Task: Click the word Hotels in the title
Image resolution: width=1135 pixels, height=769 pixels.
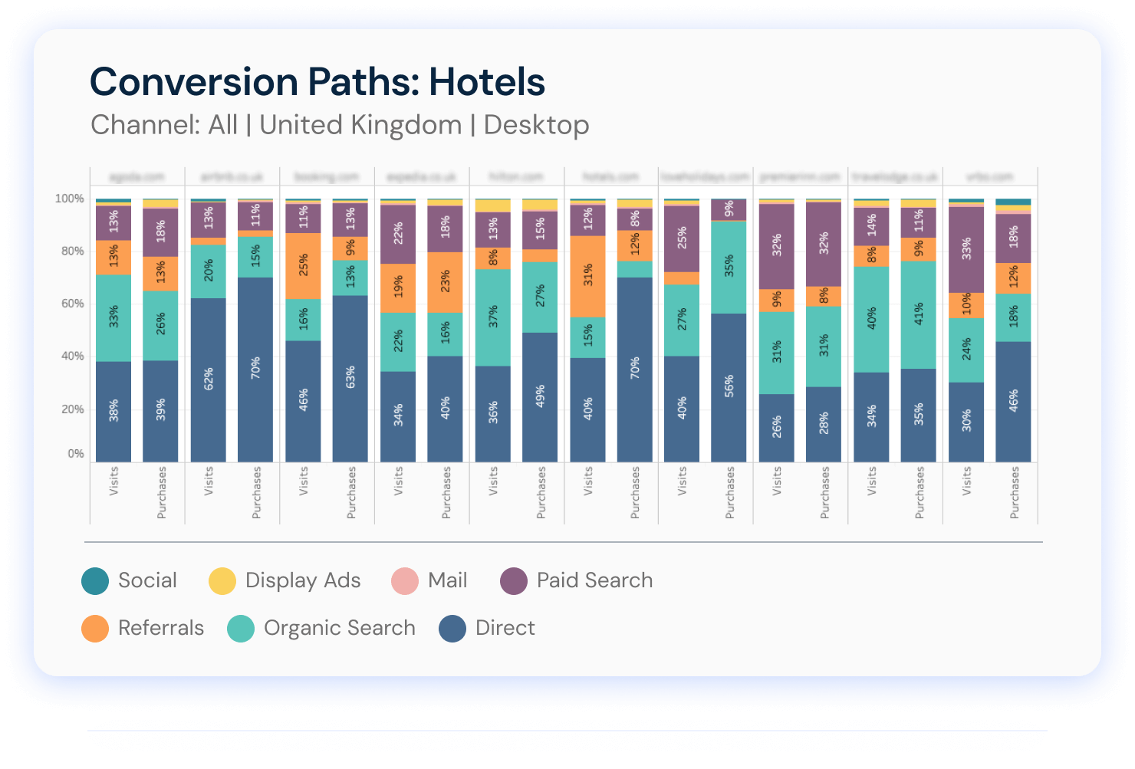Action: pyautogui.click(x=486, y=82)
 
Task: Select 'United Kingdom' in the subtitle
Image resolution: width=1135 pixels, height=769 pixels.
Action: pyautogui.click(x=360, y=125)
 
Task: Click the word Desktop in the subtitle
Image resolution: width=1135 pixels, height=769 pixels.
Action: pyautogui.click(x=536, y=125)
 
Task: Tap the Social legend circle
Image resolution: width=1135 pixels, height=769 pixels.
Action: pyautogui.click(x=95, y=581)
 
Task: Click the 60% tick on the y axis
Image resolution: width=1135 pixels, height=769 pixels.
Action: pyautogui.click(x=70, y=304)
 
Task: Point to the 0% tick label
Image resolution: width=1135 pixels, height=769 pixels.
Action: pyautogui.click(x=75, y=454)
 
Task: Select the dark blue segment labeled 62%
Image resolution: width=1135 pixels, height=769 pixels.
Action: pyautogui.click(x=209, y=380)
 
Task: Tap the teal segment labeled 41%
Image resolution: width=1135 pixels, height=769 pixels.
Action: pyautogui.click(x=919, y=315)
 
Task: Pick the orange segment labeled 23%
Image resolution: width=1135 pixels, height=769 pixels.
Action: pyautogui.click(x=445, y=282)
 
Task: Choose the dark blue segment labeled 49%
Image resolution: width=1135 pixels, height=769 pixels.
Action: pyautogui.click(x=540, y=396)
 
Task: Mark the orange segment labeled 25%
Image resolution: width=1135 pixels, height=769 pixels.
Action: pyautogui.click(x=304, y=266)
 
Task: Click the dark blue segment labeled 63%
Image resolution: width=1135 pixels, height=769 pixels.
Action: pyautogui.click(x=350, y=378)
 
